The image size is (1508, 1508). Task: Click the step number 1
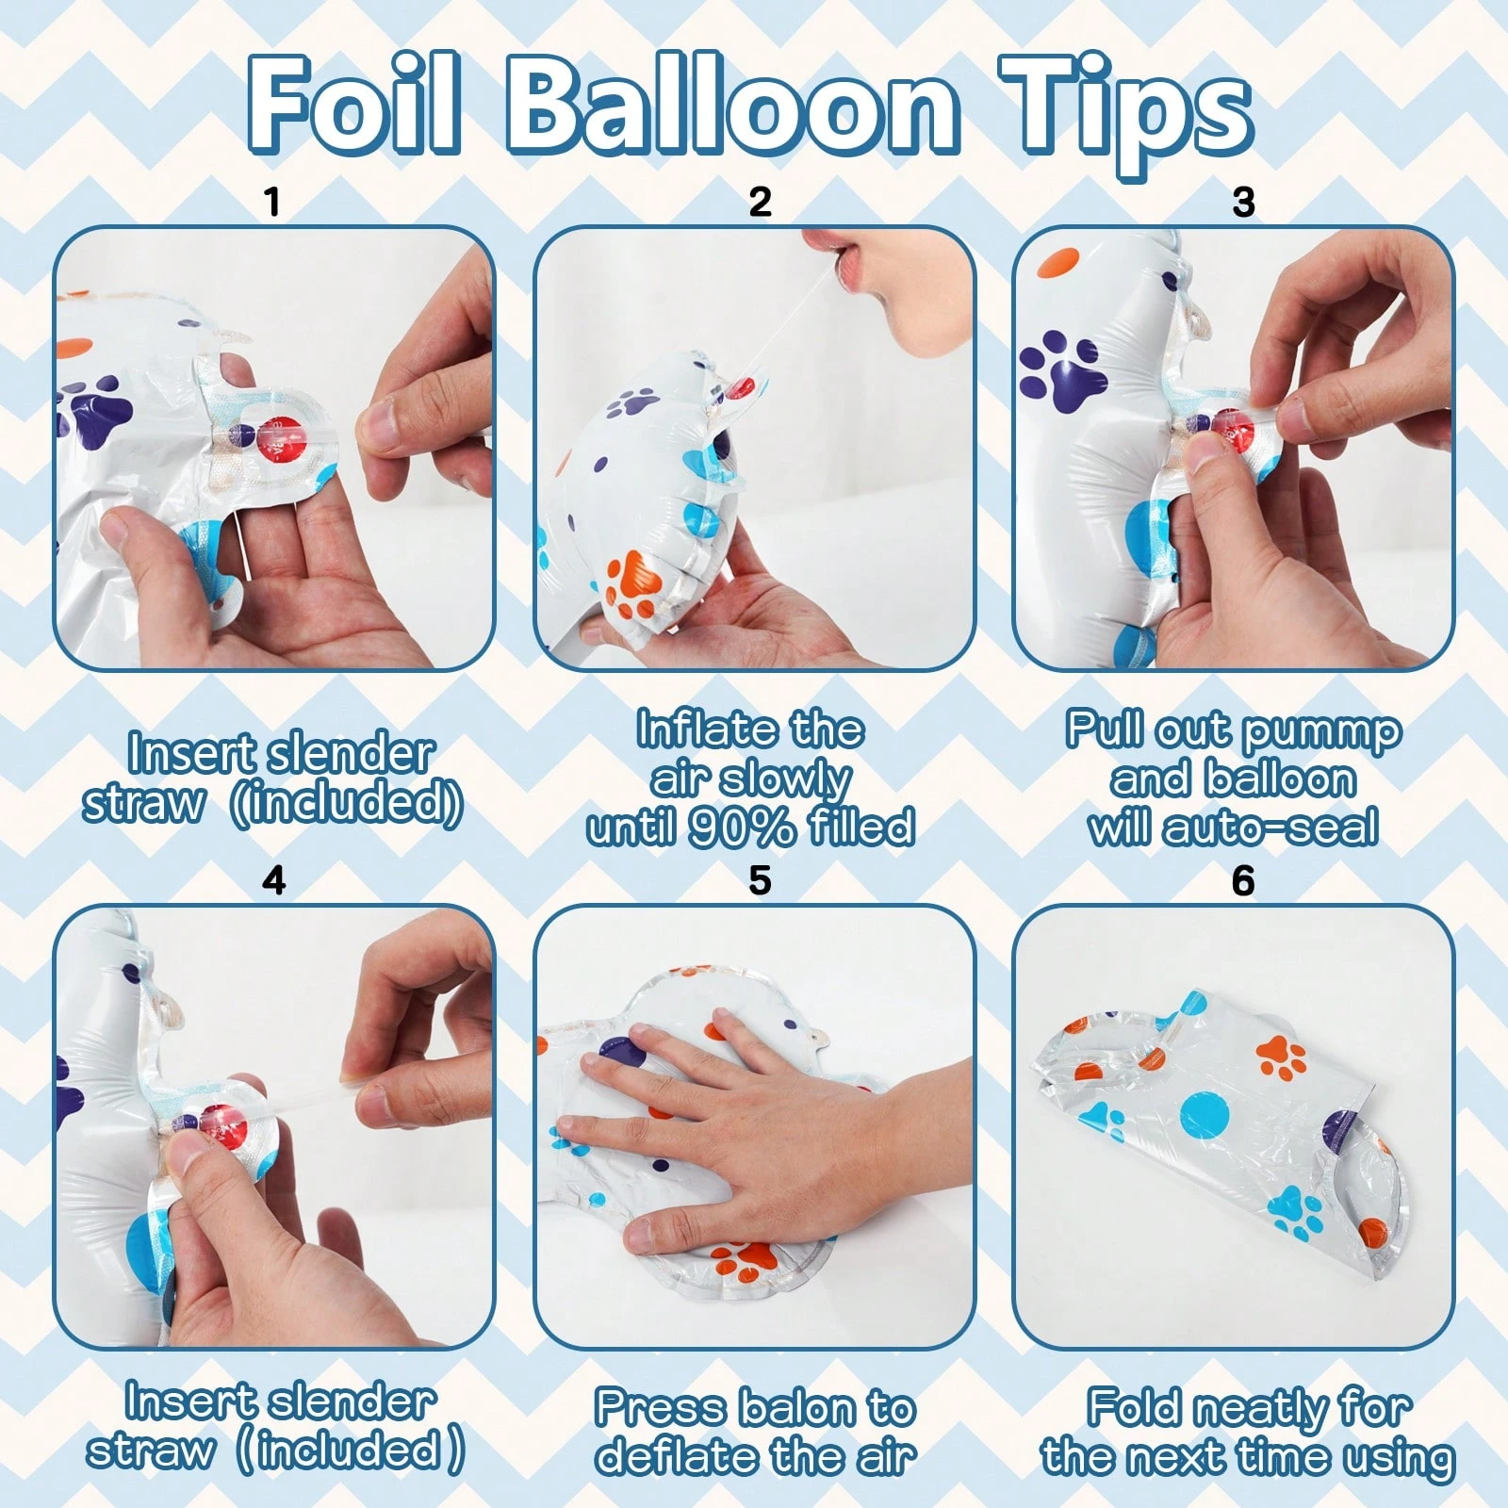click(273, 202)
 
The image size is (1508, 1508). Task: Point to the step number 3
click(1244, 202)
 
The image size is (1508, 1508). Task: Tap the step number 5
click(760, 880)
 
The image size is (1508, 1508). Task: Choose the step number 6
click(1243, 880)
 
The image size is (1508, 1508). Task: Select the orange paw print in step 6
click(1280, 1057)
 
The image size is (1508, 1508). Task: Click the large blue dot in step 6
click(1205, 1116)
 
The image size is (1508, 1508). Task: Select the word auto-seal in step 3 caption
click(1270, 828)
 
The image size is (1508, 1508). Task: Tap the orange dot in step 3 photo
click(1057, 262)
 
